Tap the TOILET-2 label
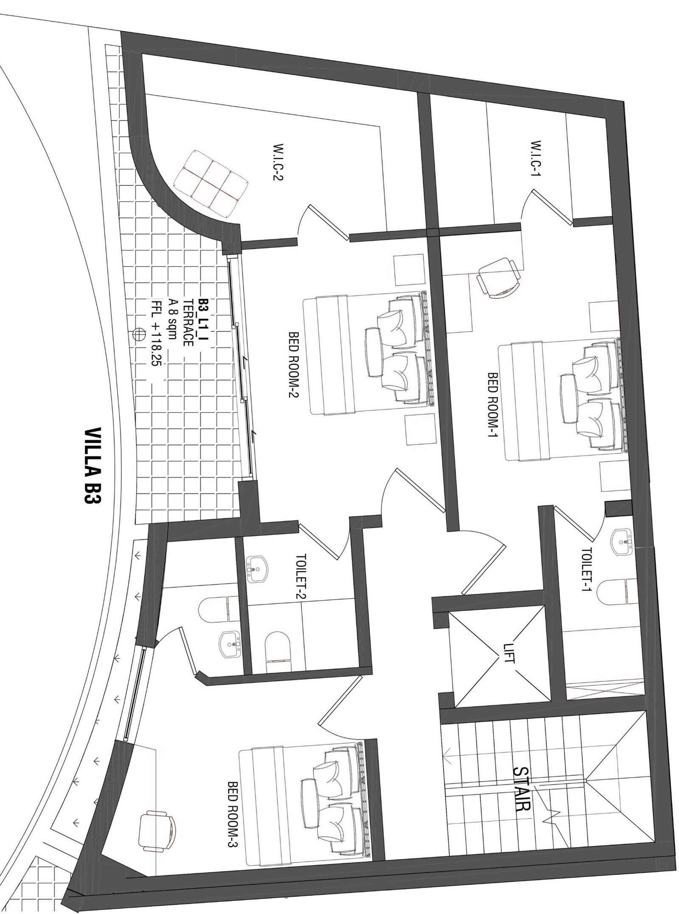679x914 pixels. [301, 577]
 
